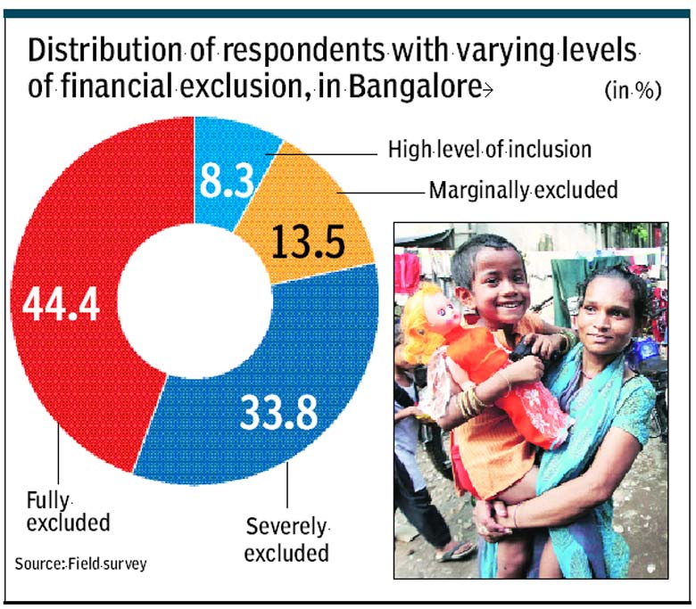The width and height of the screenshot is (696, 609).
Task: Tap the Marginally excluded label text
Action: click(x=523, y=190)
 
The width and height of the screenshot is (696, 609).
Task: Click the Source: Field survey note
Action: click(x=80, y=564)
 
